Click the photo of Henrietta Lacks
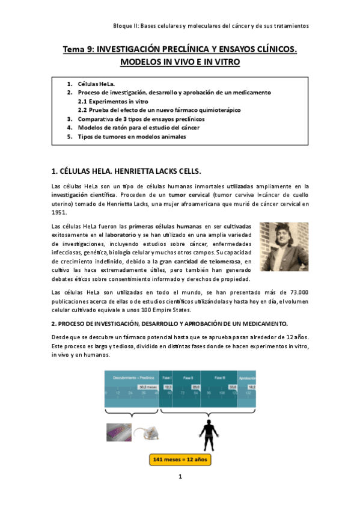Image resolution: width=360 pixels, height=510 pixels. [284, 246]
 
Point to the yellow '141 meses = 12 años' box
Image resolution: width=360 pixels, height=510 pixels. [180, 459]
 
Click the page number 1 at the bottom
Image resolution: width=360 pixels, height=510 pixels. [180, 477]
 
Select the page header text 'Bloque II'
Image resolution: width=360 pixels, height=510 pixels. [126, 26]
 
